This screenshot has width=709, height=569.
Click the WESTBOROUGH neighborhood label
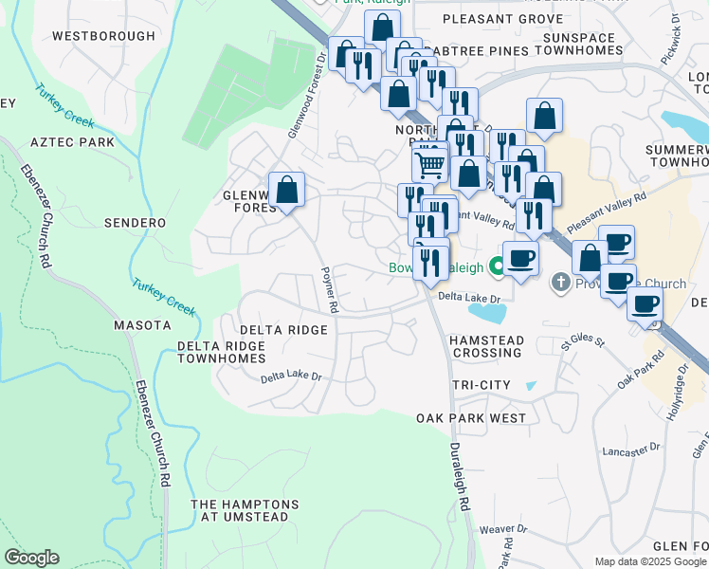point(103,36)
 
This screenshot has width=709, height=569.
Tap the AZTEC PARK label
point(72,142)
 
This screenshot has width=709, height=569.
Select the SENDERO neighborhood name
point(136,223)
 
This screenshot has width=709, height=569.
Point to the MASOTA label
point(142,325)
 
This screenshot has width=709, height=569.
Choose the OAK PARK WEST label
point(471,418)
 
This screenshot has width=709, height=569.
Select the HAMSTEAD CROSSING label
point(485,346)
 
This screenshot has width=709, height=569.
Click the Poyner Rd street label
point(329,289)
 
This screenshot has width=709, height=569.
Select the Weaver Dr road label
point(502,529)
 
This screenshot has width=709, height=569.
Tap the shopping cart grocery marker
point(430,165)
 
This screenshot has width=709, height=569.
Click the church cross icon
point(560,283)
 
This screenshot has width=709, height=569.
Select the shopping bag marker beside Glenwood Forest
point(286,189)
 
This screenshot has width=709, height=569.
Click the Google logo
point(31,558)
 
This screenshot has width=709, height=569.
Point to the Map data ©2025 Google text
point(649,561)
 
